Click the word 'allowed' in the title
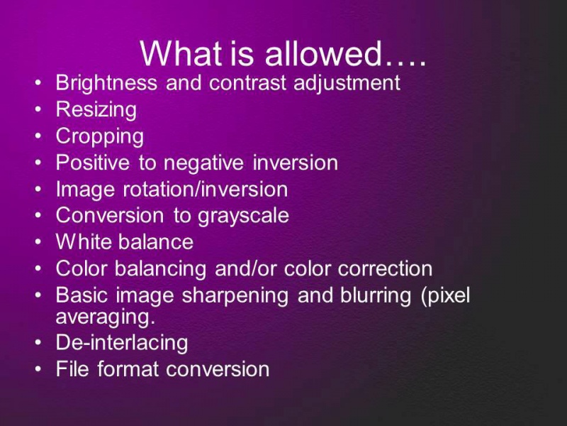tap(323, 53)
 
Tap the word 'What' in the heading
tap(181, 53)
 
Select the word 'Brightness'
tap(107, 83)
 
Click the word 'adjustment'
tap(347, 83)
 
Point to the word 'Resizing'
tap(96, 110)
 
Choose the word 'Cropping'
tap(100, 136)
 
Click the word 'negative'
tap(203, 163)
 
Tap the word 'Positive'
tap(93, 163)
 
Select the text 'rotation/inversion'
tap(206, 190)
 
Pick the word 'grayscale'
tap(243, 217)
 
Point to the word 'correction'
tap(385, 269)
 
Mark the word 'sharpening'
tap(235, 295)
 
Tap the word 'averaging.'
tap(106, 317)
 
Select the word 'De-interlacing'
tap(122, 343)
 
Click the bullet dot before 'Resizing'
tap(38, 110)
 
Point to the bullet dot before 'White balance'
tap(38, 242)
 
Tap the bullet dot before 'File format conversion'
tap(38, 369)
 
